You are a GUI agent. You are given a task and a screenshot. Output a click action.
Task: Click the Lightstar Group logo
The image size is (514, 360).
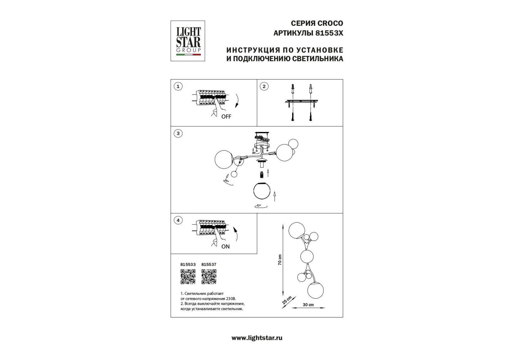click(188, 41)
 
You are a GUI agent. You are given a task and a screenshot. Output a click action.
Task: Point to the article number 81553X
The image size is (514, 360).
click(328, 33)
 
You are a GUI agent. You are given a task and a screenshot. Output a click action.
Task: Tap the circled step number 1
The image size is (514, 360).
click(178, 87)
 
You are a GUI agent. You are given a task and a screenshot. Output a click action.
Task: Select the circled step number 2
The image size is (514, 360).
click(264, 87)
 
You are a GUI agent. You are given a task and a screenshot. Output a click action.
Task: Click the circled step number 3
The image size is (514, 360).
click(178, 133)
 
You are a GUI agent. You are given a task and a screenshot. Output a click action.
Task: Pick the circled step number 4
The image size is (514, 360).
click(178, 220)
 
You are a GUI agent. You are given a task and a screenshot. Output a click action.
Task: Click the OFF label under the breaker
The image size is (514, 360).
click(226, 117)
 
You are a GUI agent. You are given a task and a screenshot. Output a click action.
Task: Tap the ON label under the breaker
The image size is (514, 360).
click(225, 247)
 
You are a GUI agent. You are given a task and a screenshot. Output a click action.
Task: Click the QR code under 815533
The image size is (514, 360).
click(188, 277)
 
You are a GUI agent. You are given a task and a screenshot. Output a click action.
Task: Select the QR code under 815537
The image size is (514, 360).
click(209, 277)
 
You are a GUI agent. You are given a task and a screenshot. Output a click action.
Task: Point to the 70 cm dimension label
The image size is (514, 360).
click(280, 260)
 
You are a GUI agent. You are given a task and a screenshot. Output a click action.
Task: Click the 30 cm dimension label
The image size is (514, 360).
click(308, 305)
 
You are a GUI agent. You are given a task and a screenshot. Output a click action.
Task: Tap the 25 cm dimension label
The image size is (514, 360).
click(287, 300)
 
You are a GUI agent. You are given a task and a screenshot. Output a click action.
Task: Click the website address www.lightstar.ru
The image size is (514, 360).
click(257, 338)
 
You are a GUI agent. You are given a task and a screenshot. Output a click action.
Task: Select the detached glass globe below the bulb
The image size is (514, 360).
click(262, 190)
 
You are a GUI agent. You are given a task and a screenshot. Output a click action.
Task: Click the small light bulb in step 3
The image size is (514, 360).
click(262, 174)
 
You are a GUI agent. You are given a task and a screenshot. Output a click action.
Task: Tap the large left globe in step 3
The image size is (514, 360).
click(224, 160)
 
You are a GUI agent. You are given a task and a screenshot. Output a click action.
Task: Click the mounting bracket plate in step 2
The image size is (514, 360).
click(302, 102)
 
